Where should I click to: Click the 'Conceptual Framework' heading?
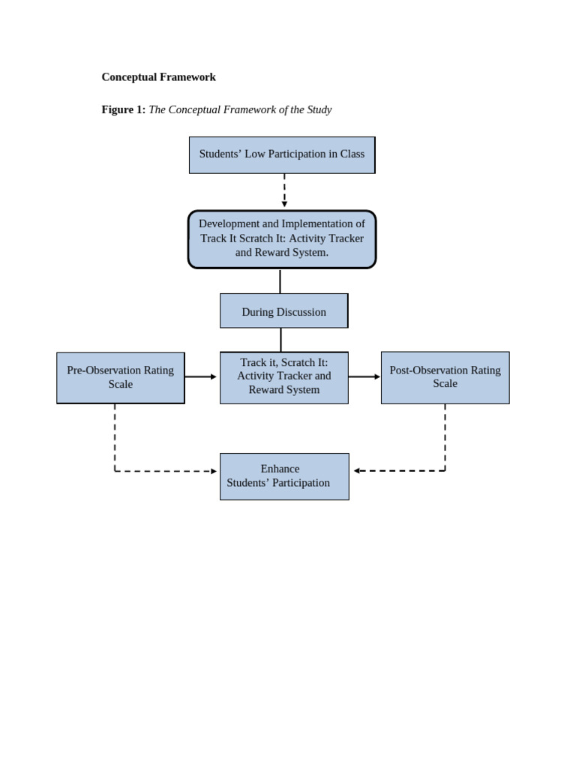[x=158, y=77]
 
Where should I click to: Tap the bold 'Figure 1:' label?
[x=123, y=109]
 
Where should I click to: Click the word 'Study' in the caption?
[x=317, y=109]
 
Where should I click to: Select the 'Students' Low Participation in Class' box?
[x=282, y=154]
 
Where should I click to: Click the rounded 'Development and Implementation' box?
[x=282, y=238]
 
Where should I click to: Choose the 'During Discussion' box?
[x=283, y=311]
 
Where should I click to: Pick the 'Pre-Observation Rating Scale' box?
[x=121, y=377]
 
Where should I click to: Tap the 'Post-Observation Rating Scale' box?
[x=445, y=377]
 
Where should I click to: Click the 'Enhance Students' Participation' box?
[x=283, y=476]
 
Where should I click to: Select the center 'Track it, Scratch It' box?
[x=283, y=377]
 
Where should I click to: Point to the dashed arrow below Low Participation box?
[x=284, y=190]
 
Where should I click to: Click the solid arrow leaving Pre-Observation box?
[x=201, y=376]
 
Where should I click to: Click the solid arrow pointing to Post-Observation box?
[x=364, y=376]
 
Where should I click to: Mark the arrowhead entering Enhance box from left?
[x=214, y=471]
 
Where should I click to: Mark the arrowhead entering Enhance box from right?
[x=357, y=471]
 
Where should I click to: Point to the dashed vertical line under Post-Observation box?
[x=445, y=436]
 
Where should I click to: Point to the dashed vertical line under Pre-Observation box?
[x=115, y=436]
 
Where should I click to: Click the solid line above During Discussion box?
[x=280, y=280]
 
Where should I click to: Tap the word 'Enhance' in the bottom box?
[x=280, y=469]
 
